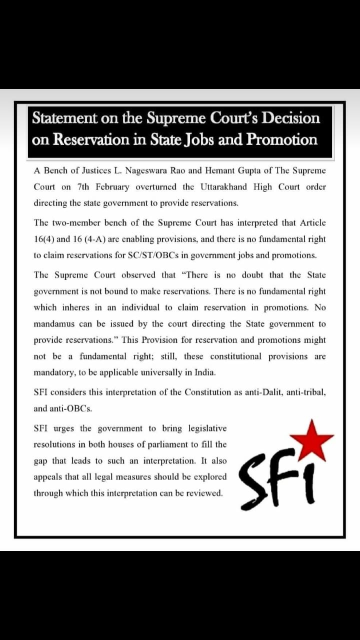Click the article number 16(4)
pyautogui.click(x=45, y=239)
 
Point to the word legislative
pyautogui.click(x=207, y=428)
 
